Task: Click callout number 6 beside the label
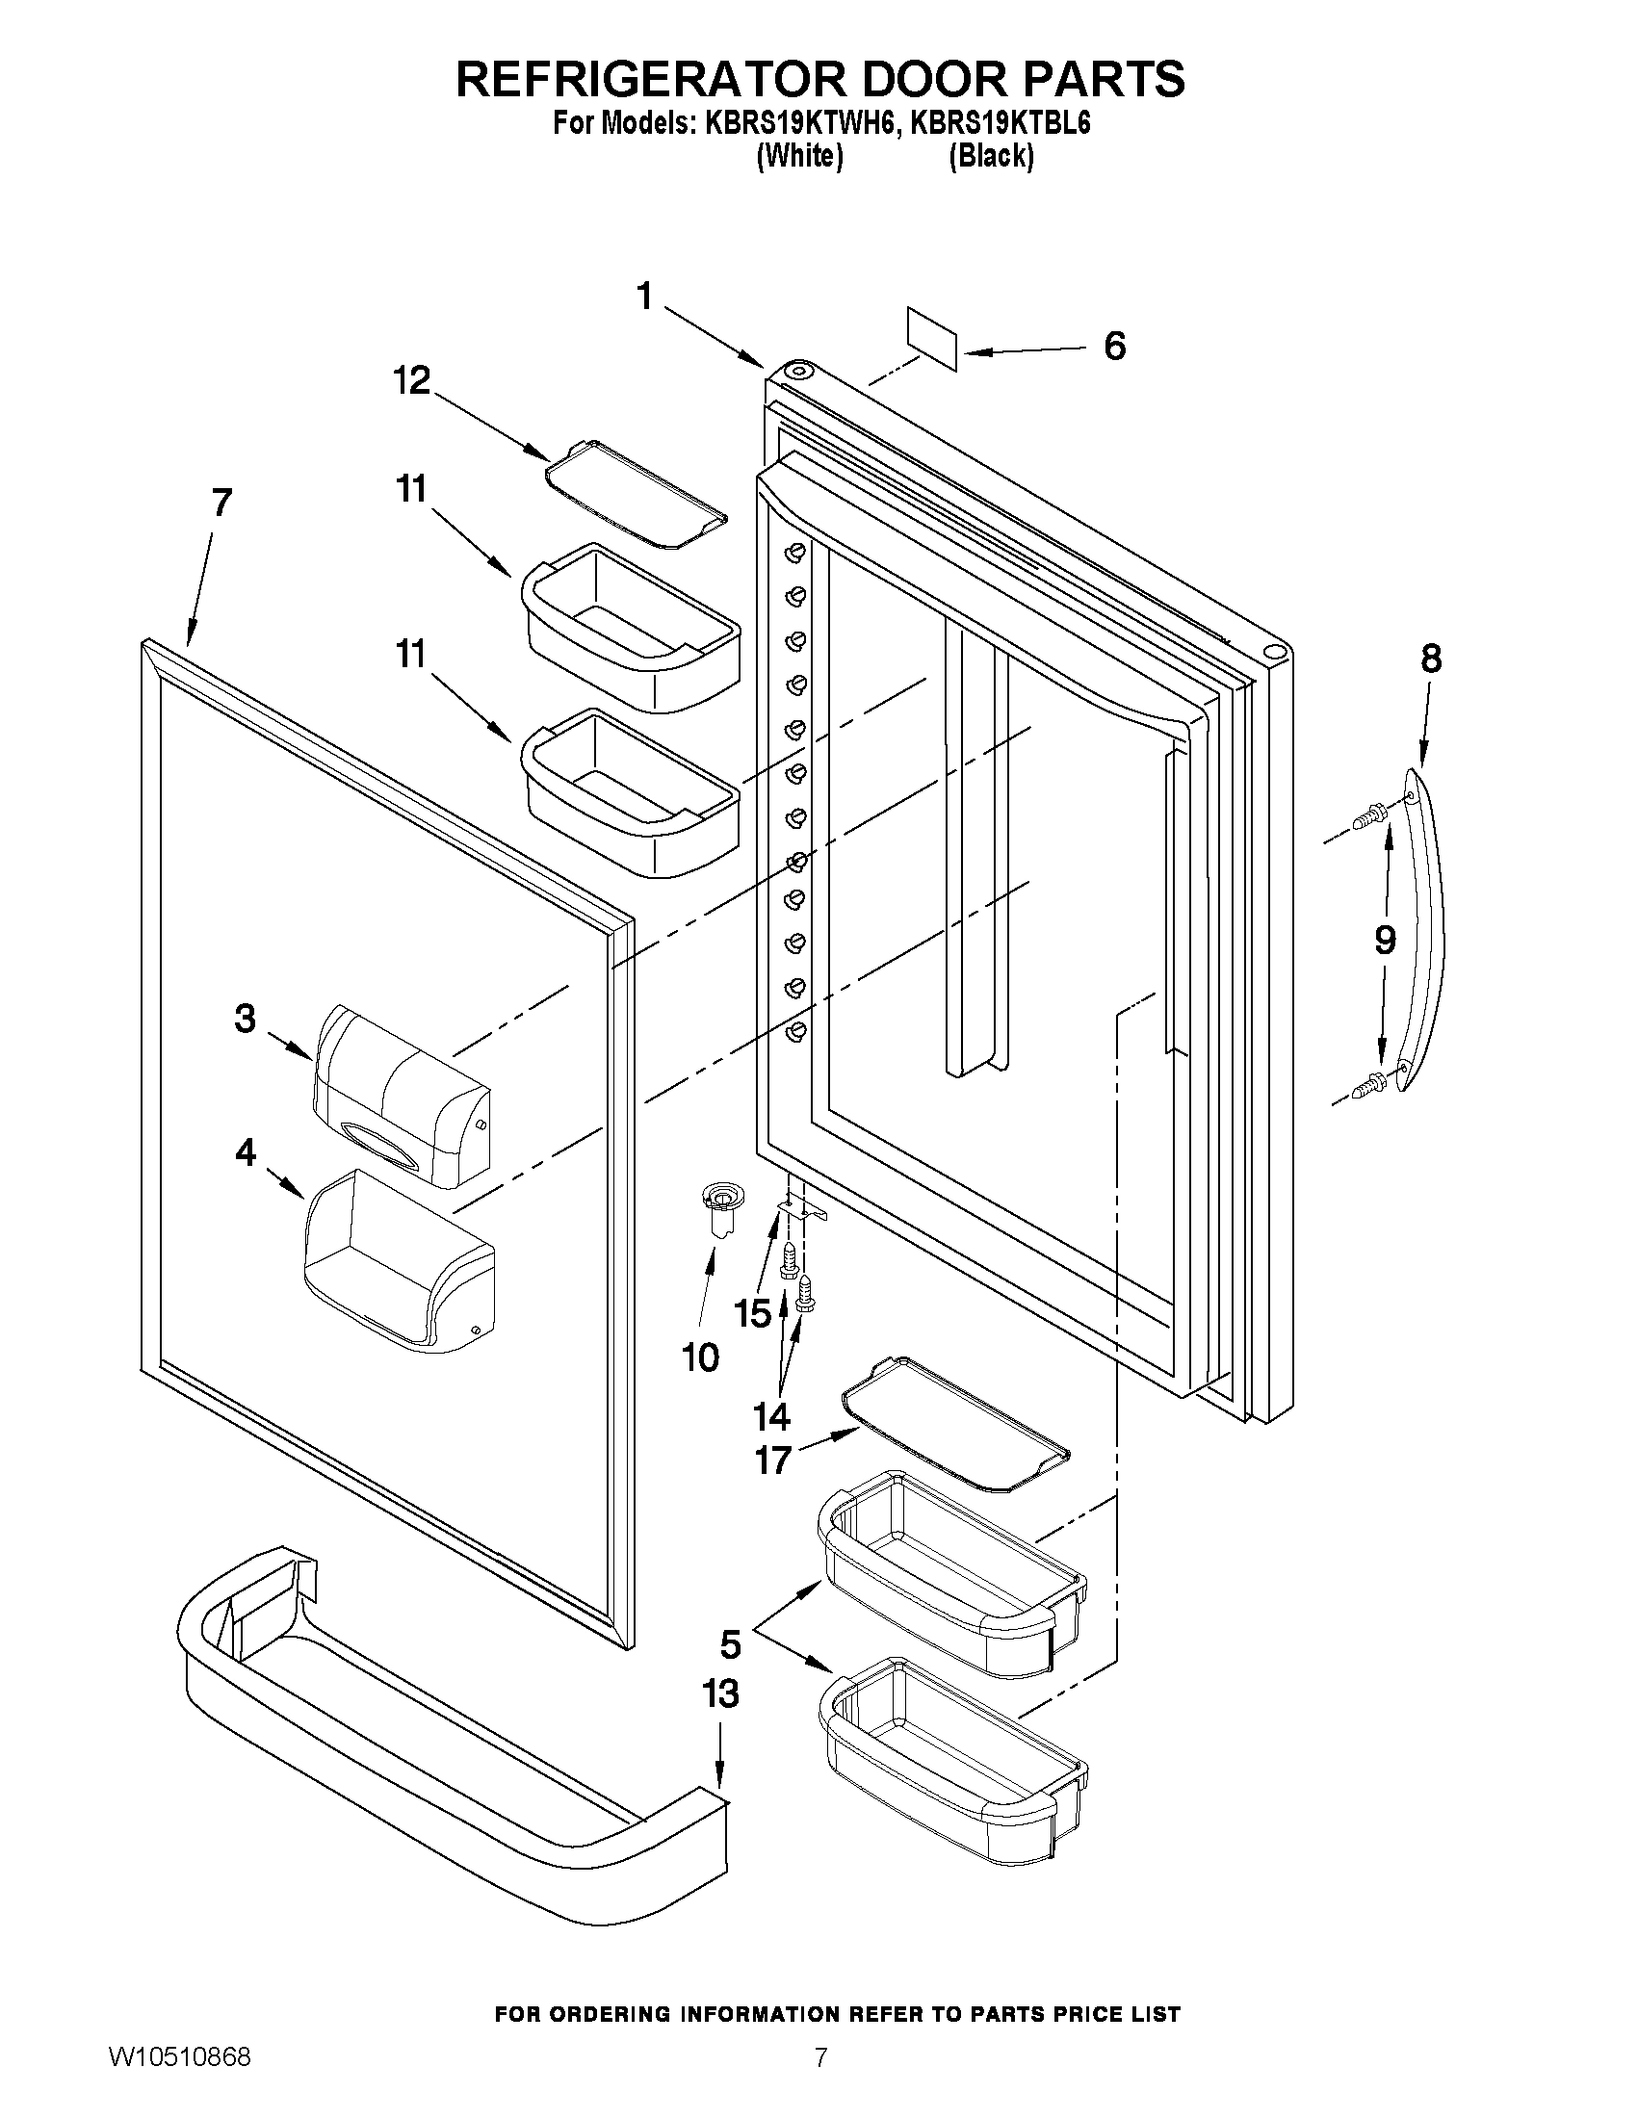[1115, 347]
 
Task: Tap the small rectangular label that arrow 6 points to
[932, 339]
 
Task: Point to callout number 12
[411, 380]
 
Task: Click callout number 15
[752, 1314]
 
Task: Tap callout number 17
[773, 1460]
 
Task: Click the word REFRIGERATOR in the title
[651, 79]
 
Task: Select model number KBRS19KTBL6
[1000, 124]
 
